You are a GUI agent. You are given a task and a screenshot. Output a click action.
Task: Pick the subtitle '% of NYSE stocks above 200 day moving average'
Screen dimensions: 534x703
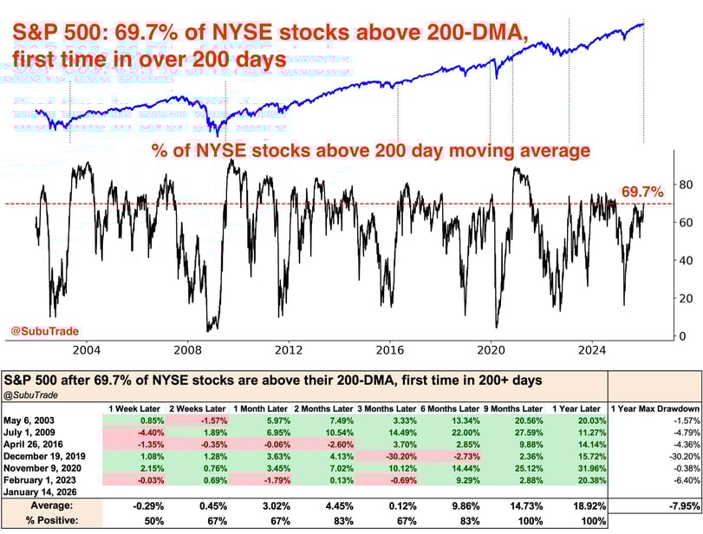(x=371, y=151)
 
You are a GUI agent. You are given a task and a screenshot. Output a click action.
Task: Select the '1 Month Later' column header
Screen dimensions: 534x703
(x=260, y=408)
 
